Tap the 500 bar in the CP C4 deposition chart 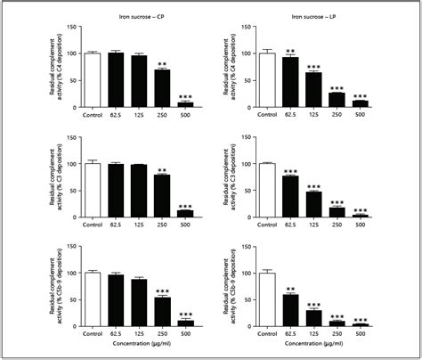coord(185,104)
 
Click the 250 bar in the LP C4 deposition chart coord(337,99)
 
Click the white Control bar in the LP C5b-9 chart coord(265,299)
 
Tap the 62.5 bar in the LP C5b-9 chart coord(289,310)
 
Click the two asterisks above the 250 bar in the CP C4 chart coord(161,63)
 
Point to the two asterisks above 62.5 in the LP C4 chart coord(289,51)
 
